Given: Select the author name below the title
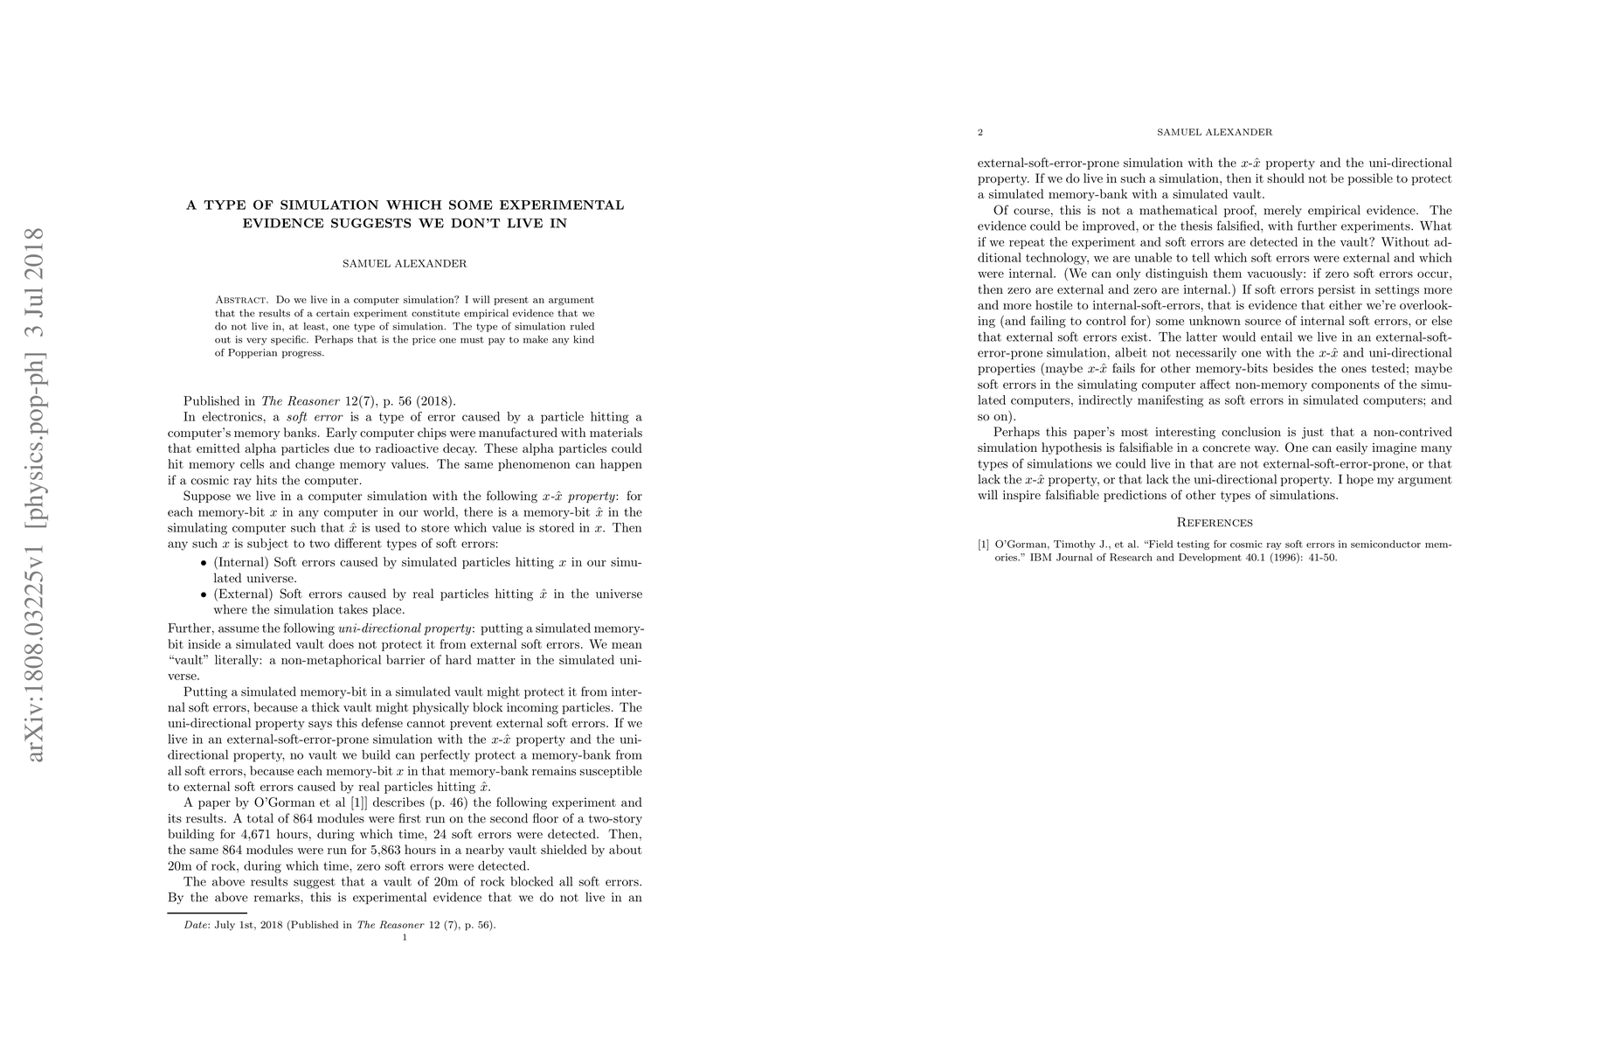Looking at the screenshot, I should (405, 263).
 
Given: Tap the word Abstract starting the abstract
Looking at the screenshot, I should (240, 300).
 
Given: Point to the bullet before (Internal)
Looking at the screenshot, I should (204, 563).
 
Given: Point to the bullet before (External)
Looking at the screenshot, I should (204, 594).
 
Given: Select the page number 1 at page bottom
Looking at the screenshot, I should (405, 937).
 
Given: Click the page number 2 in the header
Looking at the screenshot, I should (980, 133).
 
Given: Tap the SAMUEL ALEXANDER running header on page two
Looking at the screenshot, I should (1215, 133).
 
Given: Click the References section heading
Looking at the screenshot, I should (1215, 523).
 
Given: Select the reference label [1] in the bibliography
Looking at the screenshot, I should (984, 545).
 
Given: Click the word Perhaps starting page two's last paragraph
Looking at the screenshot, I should (1015, 433).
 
